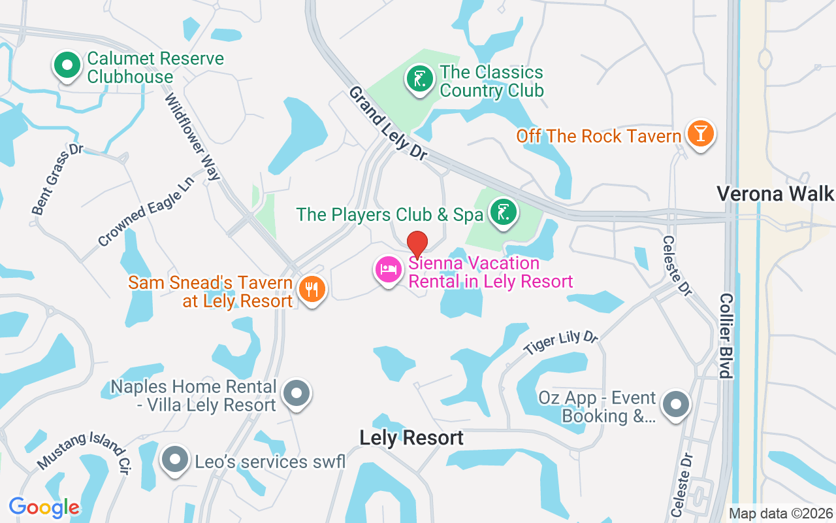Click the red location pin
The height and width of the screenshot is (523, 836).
[x=417, y=244]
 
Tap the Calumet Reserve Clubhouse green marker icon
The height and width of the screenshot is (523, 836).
[x=67, y=65]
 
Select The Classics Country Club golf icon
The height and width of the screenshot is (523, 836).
[x=419, y=79]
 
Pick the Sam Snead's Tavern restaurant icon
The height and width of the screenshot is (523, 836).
[x=312, y=289]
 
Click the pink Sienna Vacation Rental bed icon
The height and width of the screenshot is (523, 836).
[x=389, y=269]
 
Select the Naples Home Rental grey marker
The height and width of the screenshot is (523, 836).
[x=297, y=394]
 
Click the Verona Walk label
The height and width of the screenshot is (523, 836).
[x=775, y=194]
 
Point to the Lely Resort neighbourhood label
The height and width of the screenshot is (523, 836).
[x=411, y=438]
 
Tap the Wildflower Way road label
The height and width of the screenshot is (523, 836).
[x=193, y=137]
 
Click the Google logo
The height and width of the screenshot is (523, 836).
[x=44, y=507]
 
